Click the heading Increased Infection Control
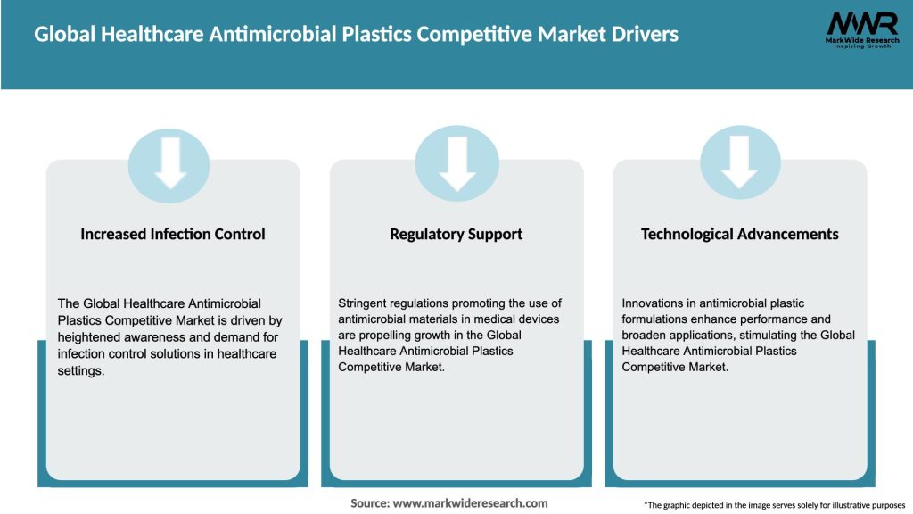pyautogui.click(x=173, y=235)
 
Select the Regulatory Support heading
pyautogui.click(x=456, y=235)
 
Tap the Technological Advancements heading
pyautogui.click(x=740, y=235)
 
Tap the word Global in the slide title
pyautogui.click(x=64, y=35)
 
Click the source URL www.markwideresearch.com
pyautogui.click(x=471, y=503)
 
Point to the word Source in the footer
pyautogui.click(x=369, y=503)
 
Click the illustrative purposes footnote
pyautogui.click(x=774, y=505)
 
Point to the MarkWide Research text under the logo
pyautogui.click(x=861, y=41)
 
